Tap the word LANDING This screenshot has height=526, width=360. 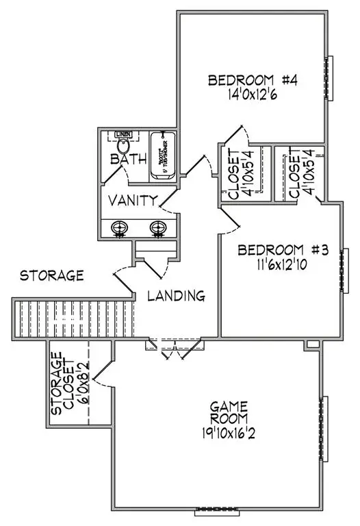(177, 297)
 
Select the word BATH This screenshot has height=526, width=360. (129, 160)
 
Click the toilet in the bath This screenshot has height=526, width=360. (124, 146)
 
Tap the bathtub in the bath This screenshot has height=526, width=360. (163, 155)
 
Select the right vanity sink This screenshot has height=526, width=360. (159, 227)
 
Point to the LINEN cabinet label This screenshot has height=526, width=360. (123, 134)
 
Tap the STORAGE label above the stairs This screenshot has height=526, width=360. (51, 276)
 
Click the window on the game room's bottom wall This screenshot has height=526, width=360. (216, 510)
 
